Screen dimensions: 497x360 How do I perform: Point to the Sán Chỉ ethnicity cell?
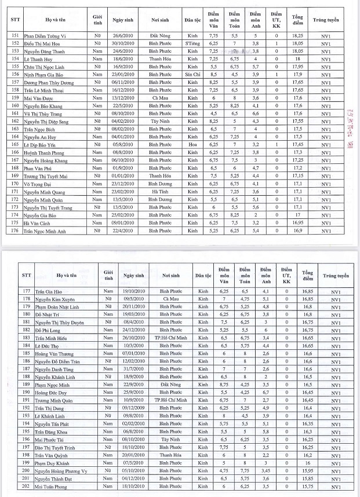coord(192,75)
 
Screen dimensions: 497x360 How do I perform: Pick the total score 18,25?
coord(298,35)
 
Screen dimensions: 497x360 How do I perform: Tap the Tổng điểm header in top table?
coord(298,20)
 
